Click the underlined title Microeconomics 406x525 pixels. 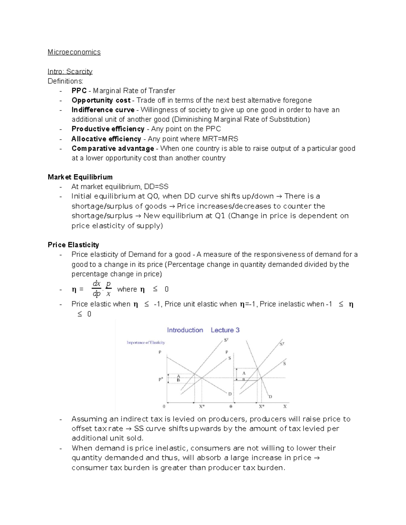[x=74, y=52]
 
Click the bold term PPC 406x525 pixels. [x=79, y=91]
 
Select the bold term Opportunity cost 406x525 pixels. [x=101, y=100]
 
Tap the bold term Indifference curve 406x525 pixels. [x=103, y=110]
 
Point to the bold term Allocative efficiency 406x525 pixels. [x=106, y=139]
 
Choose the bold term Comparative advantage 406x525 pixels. [x=113, y=148]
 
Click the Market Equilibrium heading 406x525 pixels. [x=80, y=177]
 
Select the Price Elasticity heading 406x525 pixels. [x=73, y=245]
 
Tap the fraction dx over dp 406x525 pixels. [x=96, y=289]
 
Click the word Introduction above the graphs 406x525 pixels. [x=185, y=330]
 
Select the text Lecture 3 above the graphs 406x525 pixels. [x=225, y=330]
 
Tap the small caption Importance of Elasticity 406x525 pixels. [x=146, y=342]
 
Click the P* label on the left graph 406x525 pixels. [x=161, y=379]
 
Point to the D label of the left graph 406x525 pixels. [x=230, y=394]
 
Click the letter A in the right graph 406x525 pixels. [x=244, y=373]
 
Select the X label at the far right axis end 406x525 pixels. [x=285, y=406]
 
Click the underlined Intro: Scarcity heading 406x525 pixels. [x=70, y=71]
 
